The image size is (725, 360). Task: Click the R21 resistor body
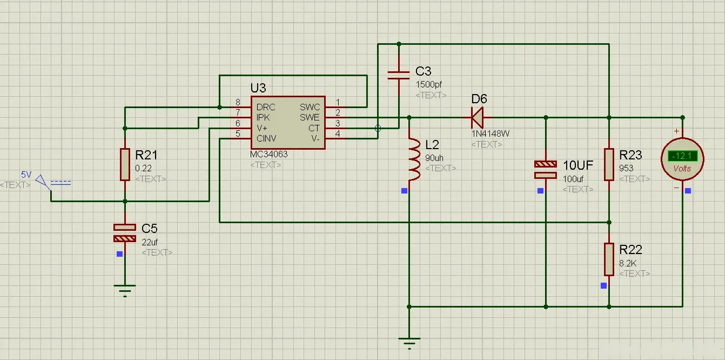(125, 164)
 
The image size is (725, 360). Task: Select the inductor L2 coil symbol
(414, 159)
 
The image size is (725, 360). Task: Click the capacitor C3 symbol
(399, 75)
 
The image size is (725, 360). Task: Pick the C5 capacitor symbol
(125, 233)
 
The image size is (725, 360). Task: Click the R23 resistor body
(609, 165)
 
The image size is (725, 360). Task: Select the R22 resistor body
(609, 259)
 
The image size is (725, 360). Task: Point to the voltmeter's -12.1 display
(682, 156)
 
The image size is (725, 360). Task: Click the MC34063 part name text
(269, 155)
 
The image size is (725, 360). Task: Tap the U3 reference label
(258, 88)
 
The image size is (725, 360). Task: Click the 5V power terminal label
(26, 175)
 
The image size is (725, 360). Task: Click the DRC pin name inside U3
(266, 107)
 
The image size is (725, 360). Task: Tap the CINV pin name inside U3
(267, 138)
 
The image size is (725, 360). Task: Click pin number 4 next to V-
(338, 134)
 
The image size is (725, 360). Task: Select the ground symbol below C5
(125, 291)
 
